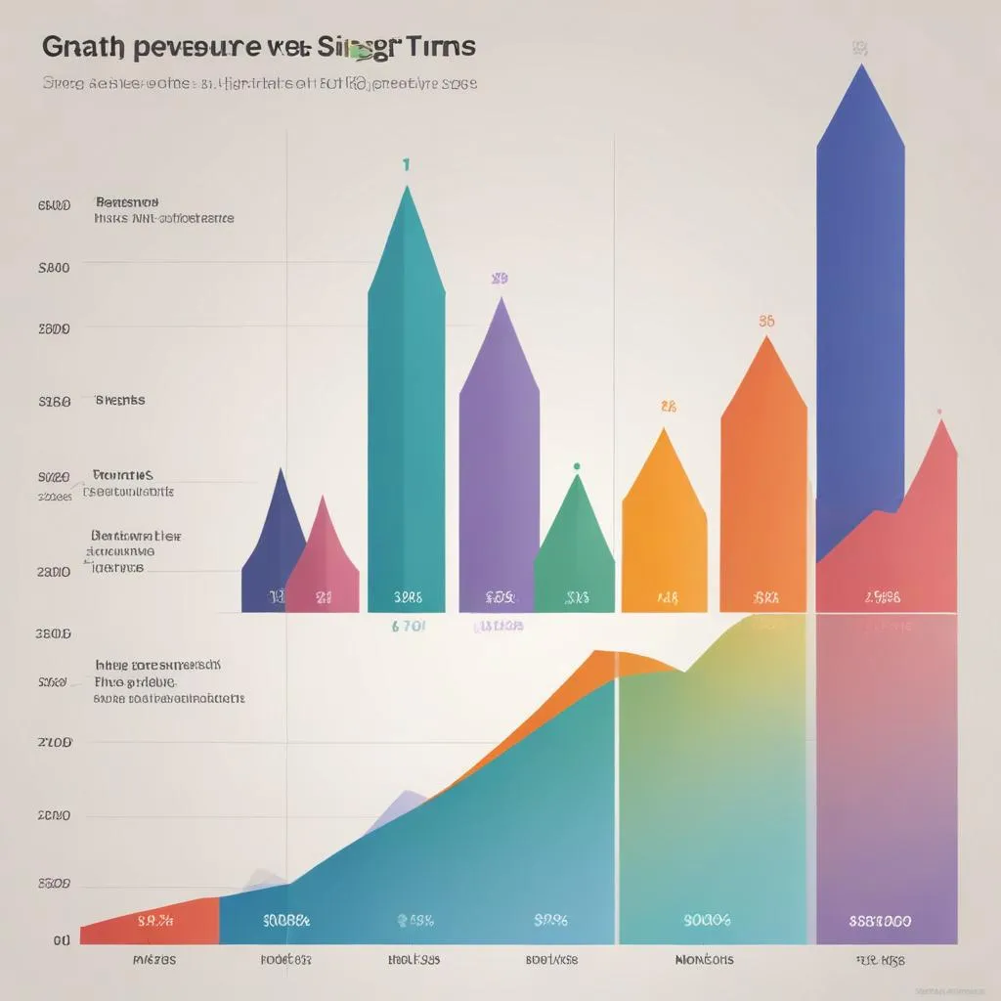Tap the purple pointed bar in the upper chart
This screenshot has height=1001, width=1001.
499,459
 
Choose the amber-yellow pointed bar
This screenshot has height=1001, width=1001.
665,528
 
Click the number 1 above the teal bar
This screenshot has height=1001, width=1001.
406,165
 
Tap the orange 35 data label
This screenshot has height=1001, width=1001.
767,321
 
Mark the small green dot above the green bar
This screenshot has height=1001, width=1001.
577,466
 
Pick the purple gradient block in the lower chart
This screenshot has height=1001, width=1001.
885,782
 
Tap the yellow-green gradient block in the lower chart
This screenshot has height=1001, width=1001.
714,782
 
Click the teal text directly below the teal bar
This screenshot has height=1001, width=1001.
408,627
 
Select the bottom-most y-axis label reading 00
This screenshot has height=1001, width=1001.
62,940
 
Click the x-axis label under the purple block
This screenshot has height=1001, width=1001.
879,960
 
